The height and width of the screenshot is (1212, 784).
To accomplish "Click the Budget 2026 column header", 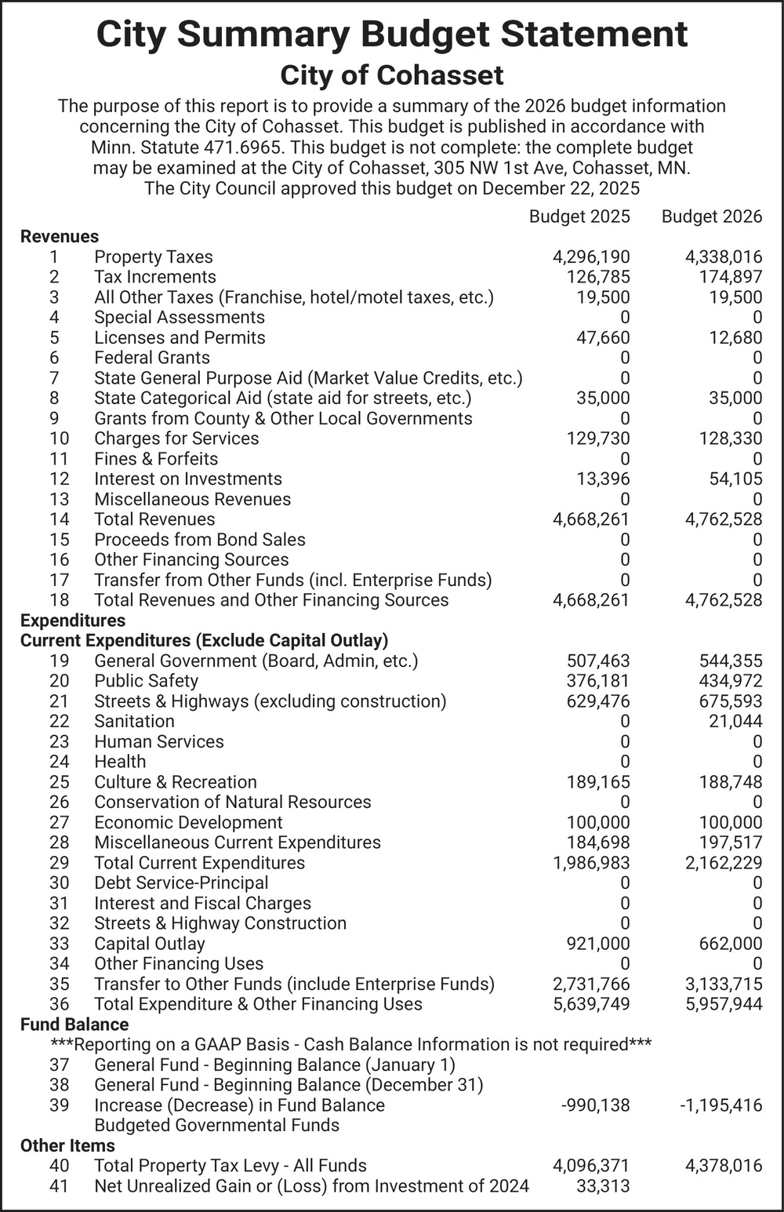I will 711,217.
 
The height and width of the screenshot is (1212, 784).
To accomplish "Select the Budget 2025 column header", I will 579,217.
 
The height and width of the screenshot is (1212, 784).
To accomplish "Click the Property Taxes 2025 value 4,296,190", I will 591,257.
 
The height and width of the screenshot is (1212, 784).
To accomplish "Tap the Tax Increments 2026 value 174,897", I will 730,277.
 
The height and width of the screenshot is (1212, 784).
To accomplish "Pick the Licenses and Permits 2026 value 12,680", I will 734,338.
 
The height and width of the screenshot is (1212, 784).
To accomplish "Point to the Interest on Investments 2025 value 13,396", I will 602,479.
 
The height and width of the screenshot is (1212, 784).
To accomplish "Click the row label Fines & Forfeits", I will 156,459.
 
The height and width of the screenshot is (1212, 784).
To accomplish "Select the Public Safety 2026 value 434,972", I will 730,681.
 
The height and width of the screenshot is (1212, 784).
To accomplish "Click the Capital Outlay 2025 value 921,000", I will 597,944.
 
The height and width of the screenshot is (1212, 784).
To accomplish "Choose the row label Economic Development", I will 188,823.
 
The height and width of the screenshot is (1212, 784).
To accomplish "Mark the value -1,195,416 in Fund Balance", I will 720,1105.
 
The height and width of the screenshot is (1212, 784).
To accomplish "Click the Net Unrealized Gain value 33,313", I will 602,1186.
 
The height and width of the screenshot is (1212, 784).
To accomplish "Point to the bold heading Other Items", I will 67,1145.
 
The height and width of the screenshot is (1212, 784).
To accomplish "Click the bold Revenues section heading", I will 60,237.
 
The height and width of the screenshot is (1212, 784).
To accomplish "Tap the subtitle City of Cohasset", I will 392,75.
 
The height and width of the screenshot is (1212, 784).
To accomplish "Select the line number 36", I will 59,1004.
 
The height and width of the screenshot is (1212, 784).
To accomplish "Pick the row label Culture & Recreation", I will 176,782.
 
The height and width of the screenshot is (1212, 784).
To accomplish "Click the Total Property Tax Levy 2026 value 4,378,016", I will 723,1166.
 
